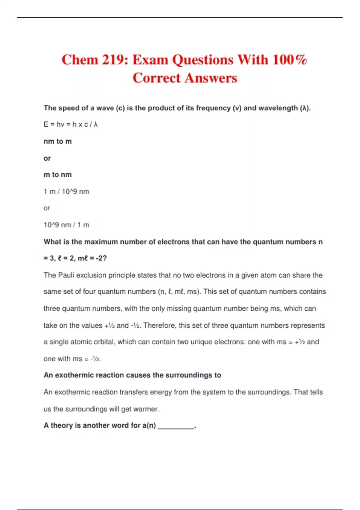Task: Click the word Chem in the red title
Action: pos(79,60)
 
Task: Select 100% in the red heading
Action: pos(289,60)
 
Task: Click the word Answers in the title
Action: pos(211,78)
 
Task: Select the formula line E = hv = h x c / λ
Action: pos(70,124)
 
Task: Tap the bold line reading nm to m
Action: pos(58,141)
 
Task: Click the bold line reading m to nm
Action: pos(58,175)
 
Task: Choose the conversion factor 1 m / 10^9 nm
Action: pos(66,192)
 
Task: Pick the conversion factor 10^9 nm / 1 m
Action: pos(66,225)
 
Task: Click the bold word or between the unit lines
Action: pos(47,158)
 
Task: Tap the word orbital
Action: pos(105,342)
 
